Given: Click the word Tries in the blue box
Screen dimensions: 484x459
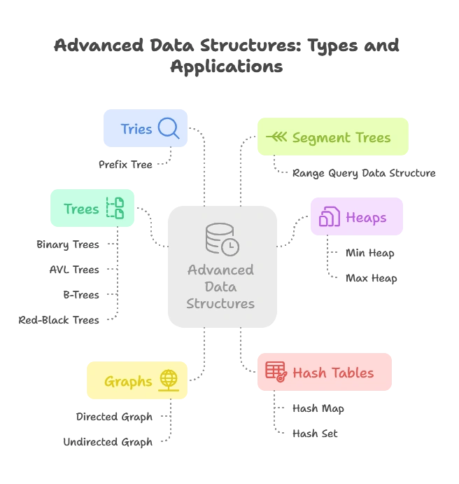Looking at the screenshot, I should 136,129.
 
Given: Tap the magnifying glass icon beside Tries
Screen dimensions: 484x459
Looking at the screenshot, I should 169,127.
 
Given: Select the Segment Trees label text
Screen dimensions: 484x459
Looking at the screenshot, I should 341,137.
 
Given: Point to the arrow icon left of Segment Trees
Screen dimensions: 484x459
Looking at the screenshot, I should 278,137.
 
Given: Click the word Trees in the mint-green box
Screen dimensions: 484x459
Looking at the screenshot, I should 81,209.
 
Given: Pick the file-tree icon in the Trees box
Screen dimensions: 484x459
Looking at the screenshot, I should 115,208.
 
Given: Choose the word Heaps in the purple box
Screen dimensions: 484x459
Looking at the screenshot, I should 366,217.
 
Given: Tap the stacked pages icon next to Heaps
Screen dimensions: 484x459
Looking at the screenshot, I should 329,217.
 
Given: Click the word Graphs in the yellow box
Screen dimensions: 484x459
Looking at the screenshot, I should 128,382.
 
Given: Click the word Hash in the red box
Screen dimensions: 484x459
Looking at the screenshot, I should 309,373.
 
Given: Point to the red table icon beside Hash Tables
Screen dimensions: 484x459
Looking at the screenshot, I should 276,371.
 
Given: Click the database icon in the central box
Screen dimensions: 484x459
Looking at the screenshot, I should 221,238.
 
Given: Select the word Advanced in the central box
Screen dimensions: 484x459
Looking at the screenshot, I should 220,270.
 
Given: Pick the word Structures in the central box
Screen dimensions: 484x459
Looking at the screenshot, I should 220,304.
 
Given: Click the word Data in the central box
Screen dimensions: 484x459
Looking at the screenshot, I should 220,286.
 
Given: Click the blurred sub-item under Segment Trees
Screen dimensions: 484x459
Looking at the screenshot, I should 363,172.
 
